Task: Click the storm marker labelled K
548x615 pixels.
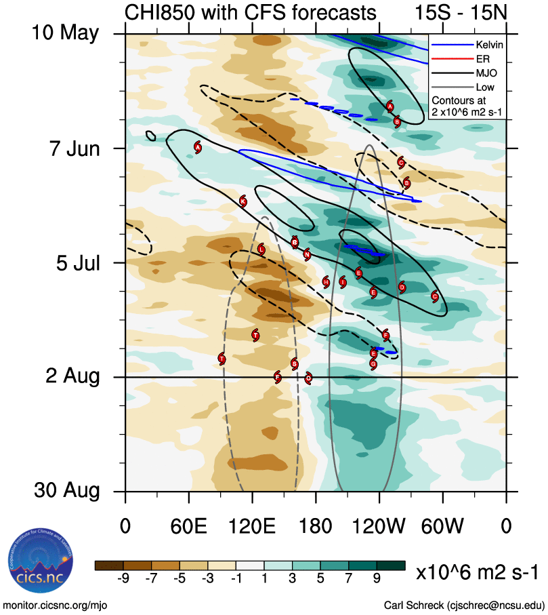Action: [243, 201]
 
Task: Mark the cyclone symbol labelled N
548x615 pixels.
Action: [307, 255]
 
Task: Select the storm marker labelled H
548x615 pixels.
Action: [326, 282]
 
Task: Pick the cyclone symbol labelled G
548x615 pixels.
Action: [373, 363]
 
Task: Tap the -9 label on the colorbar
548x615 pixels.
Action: [123, 578]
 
